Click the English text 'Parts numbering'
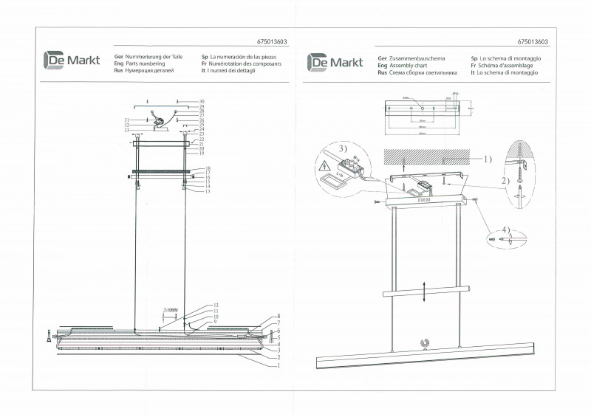146,64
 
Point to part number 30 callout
201,101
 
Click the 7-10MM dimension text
171,310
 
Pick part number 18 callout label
208,168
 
